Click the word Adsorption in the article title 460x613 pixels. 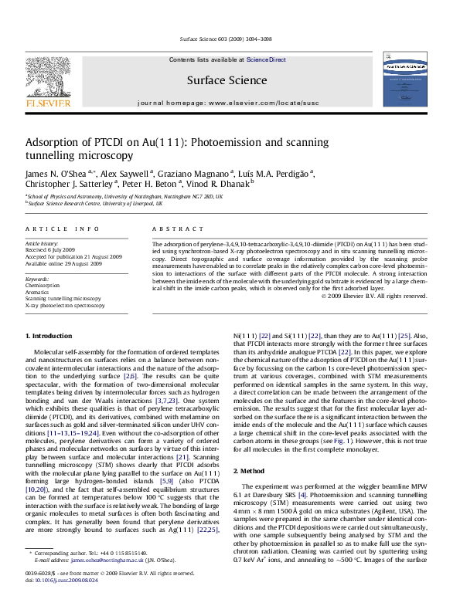click(55, 143)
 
